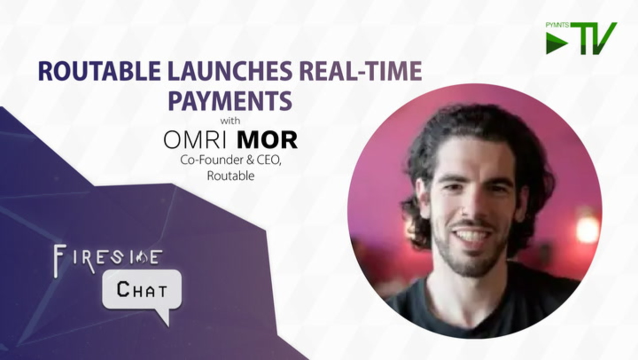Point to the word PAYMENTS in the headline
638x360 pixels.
point(230,100)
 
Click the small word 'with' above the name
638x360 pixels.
point(230,121)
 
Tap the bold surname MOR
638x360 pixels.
point(267,140)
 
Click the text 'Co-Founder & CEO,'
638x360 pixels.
point(231,160)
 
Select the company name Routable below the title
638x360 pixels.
point(231,176)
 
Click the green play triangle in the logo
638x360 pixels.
point(555,43)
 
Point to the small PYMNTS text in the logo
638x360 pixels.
point(558,25)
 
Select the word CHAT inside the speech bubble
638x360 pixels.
point(141,289)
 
